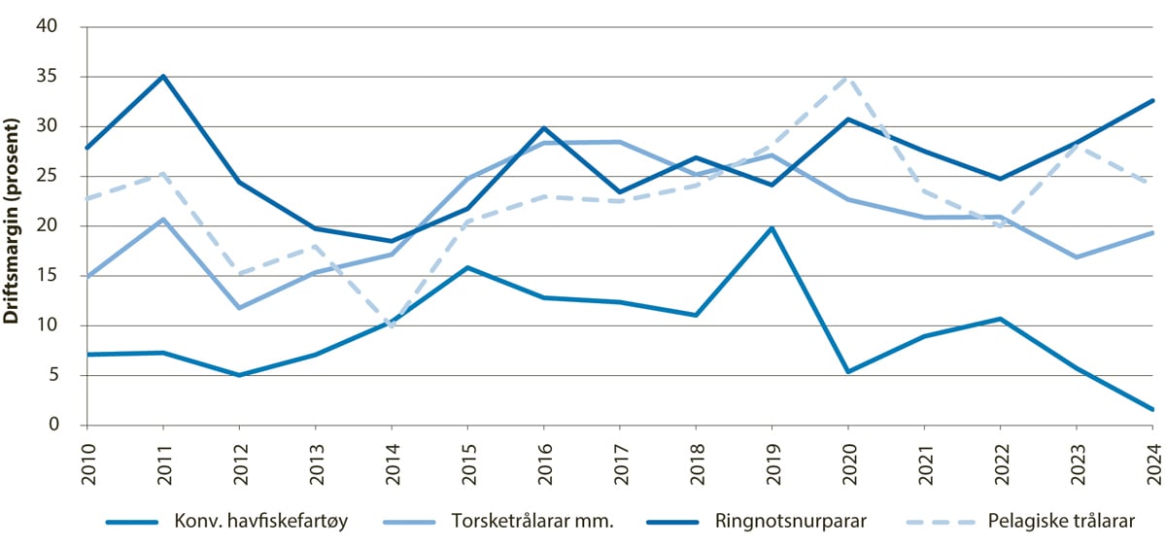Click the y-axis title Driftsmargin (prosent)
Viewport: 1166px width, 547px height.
(13, 225)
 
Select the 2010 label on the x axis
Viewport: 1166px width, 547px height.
(87, 459)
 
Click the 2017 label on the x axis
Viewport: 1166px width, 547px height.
(620, 459)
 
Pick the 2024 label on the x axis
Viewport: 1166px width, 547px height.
(1152, 459)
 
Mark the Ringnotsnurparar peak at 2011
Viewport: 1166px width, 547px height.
(163, 76)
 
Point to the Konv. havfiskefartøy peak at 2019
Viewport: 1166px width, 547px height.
(772, 228)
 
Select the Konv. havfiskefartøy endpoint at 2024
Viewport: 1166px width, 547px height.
(1152, 409)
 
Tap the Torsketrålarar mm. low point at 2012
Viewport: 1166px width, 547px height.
(239, 308)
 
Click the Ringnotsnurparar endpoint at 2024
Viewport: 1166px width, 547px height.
(1152, 100)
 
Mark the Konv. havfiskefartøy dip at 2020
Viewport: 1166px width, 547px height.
(847, 372)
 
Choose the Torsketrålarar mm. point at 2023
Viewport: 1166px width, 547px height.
(1077, 257)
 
